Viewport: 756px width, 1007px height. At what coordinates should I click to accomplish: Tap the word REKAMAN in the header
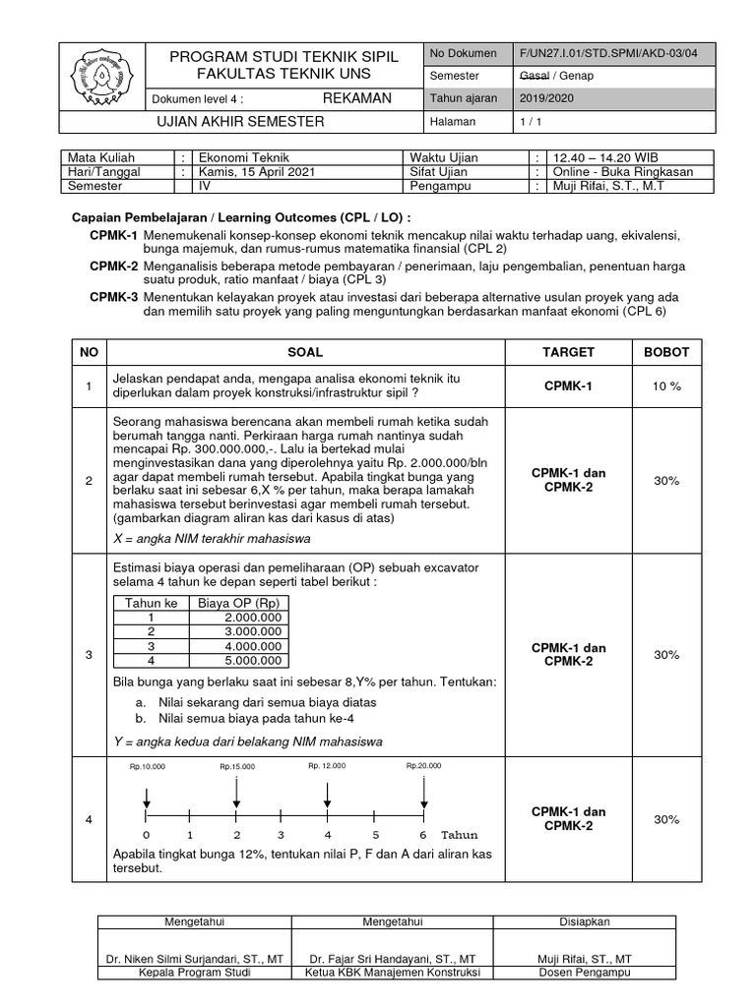click(357, 98)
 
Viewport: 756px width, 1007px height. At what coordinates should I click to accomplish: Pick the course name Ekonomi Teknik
click(239, 157)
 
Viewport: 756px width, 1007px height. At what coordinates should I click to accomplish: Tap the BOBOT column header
click(666, 351)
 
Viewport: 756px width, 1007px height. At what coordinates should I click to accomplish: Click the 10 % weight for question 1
click(666, 386)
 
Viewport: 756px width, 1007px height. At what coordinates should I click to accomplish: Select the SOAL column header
click(304, 351)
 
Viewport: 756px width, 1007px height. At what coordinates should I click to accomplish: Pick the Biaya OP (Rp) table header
click(239, 603)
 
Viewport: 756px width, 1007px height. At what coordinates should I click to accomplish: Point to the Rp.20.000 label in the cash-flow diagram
click(423, 765)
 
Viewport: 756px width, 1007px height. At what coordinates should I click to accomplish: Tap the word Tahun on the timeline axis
click(459, 833)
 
